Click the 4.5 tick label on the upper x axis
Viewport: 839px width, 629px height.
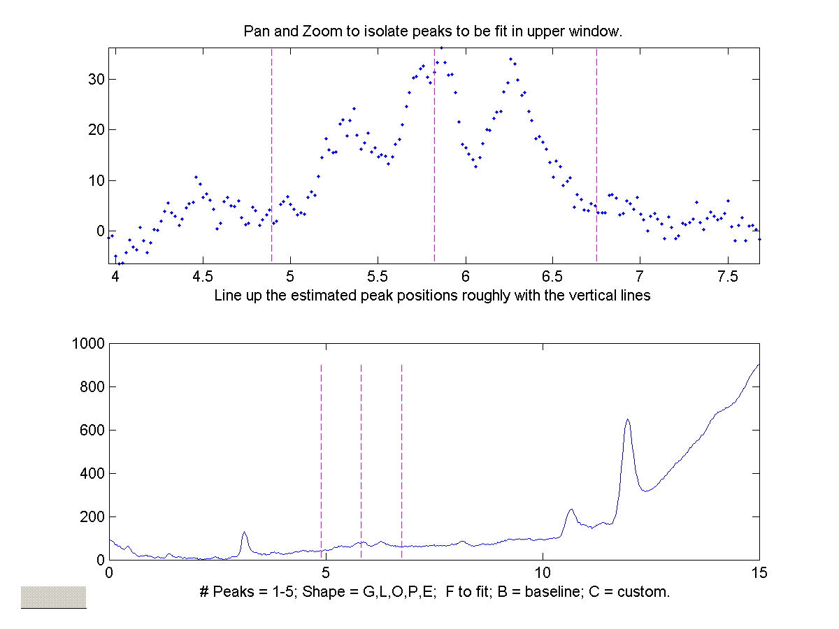tap(203, 275)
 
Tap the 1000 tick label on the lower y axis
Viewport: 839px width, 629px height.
tap(88, 344)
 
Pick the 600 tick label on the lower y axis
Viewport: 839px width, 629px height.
tap(92, 431)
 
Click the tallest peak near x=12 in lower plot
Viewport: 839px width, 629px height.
tap(628, 420)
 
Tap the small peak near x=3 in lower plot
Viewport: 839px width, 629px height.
tap(244, 533)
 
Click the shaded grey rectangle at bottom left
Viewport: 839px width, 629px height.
tap(53, 596)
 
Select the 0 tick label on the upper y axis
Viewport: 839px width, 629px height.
tap(100, 231)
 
